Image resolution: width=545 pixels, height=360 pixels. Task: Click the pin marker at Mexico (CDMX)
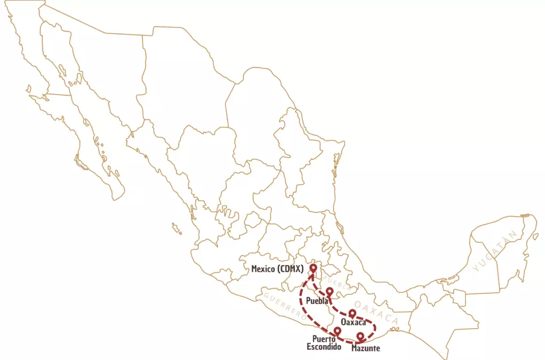pos(314,268)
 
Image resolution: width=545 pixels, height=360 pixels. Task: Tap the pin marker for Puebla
pos(329,291)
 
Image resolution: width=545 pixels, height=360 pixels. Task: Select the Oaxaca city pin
pos(352,313)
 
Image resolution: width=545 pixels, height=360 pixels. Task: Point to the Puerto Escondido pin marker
pos(337,331)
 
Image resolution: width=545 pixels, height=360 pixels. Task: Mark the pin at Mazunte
pos(360,337)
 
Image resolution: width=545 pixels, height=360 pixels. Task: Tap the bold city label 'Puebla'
pos(318,301)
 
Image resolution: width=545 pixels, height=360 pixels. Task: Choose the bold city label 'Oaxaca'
pos(353,323)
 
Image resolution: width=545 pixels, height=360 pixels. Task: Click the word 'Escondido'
pos(324,347)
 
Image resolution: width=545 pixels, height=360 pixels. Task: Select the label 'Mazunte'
pos(366,348)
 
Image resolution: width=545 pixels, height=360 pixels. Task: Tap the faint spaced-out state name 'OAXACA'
pos(376,313)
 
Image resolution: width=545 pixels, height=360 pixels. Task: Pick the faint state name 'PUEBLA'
pos(337,283)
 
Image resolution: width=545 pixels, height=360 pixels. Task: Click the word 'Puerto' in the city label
pos(324,339)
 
